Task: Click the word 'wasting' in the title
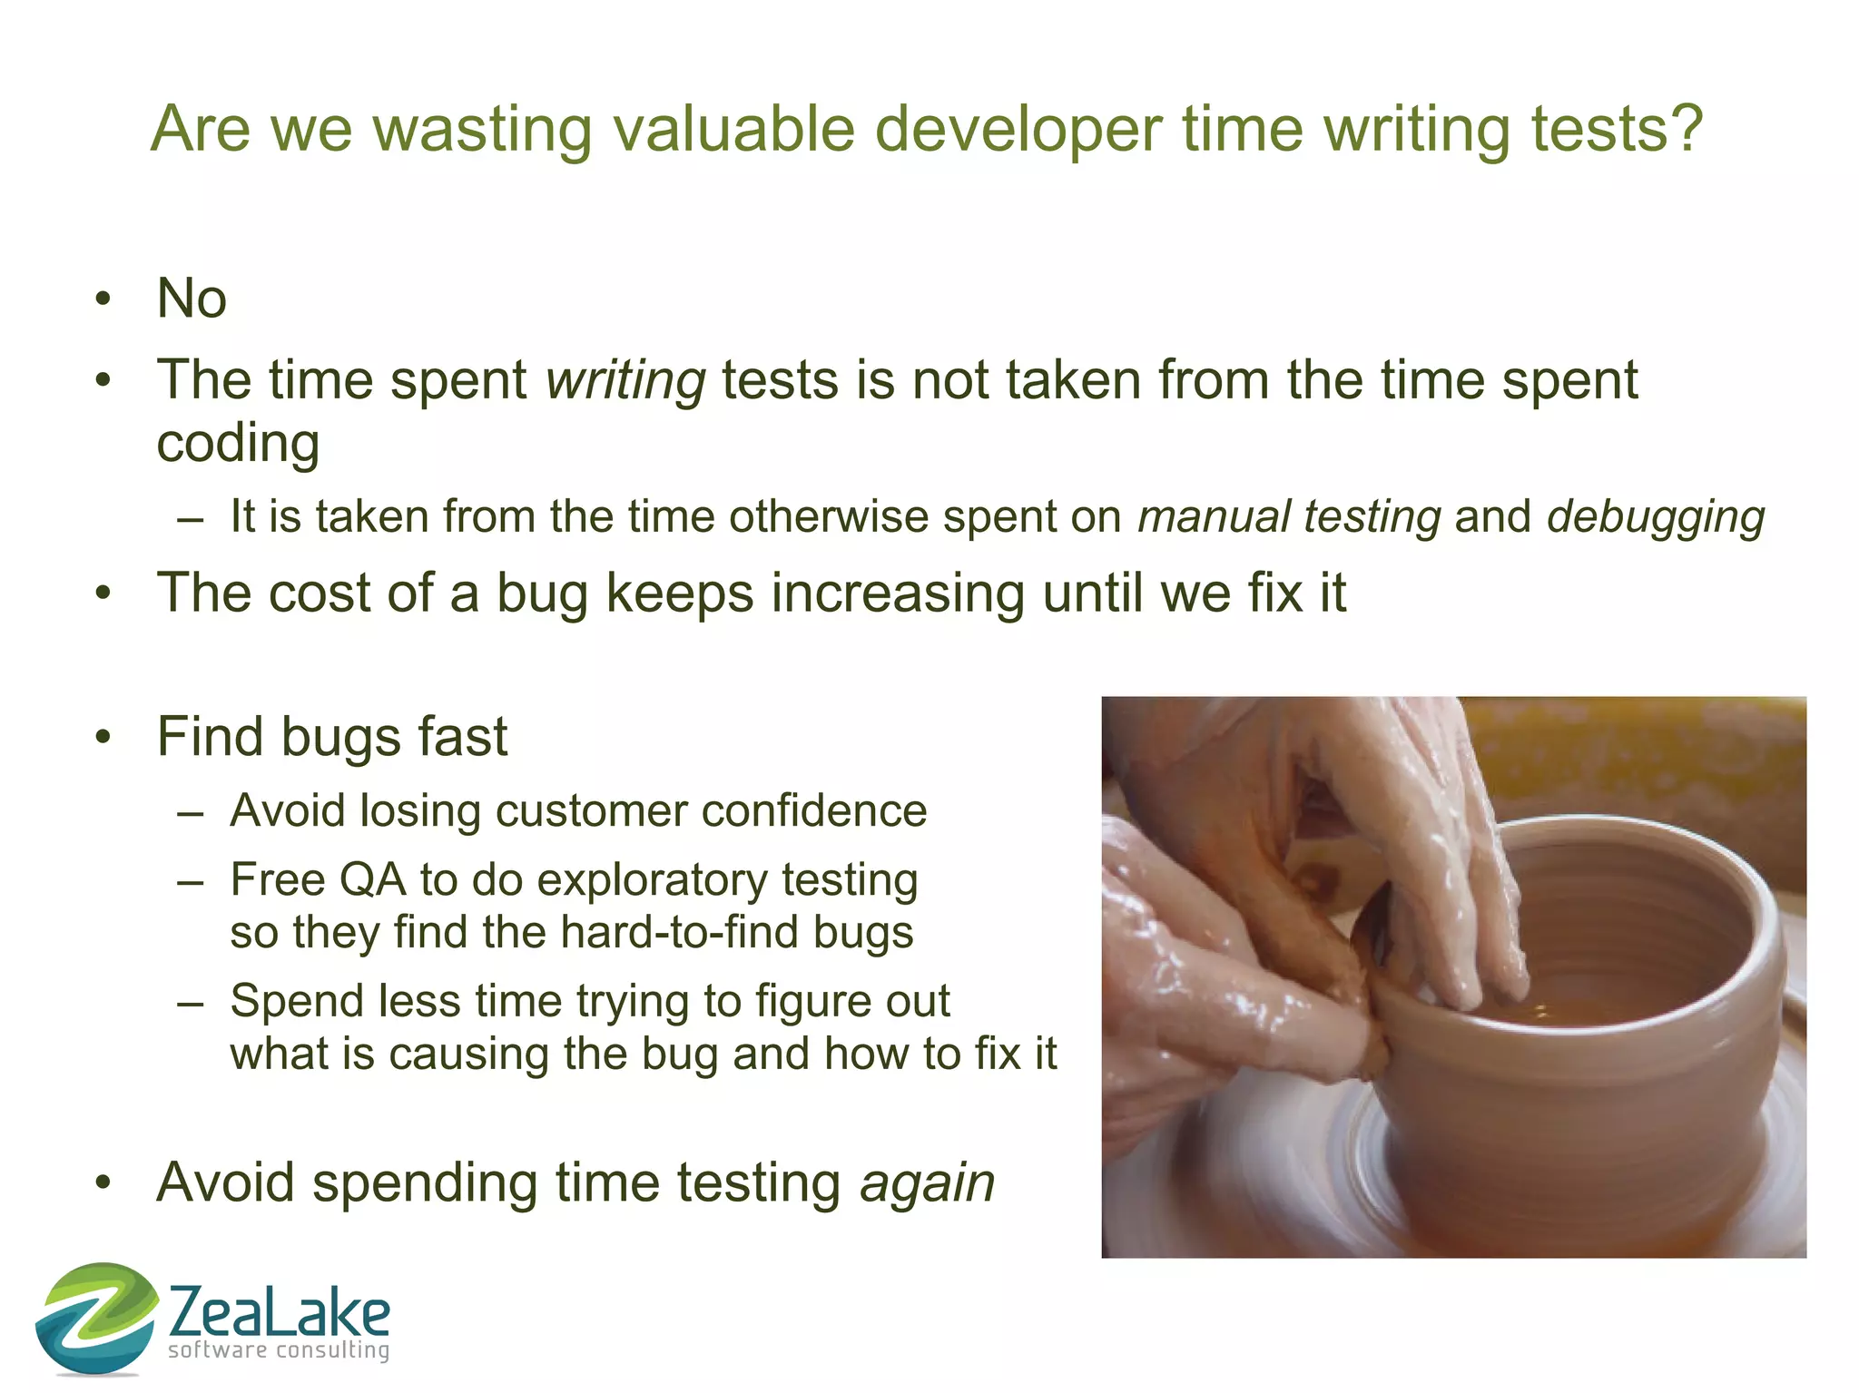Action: pos(481,130)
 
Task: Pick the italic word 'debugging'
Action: pos(1656,517)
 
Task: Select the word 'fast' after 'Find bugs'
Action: pos(462,736)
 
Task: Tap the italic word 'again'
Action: pos(927,1183)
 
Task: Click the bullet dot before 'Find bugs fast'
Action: pos(103,737)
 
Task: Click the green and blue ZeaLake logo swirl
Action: pos(96,1316)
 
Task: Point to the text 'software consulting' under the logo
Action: pos(279,1350)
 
